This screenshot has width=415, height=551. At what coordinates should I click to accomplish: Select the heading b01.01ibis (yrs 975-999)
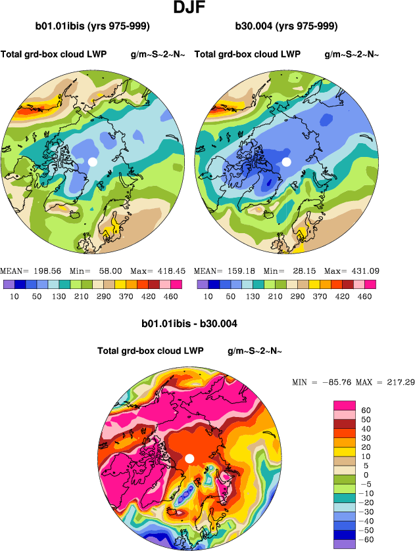(93, 26)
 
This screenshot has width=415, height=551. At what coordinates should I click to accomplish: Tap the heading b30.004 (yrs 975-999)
(286, 26)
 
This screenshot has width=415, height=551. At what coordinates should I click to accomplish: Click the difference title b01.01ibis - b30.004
(189, 324)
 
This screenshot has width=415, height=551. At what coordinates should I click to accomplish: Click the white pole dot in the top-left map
(93, 162)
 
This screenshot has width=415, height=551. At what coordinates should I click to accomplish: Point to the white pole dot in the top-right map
(286, 162)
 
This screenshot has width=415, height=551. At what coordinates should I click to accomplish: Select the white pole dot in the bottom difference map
(189, 458)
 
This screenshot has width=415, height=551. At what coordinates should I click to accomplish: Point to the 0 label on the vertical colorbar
(366, 474)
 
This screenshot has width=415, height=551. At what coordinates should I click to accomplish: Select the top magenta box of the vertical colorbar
(345, 405)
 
